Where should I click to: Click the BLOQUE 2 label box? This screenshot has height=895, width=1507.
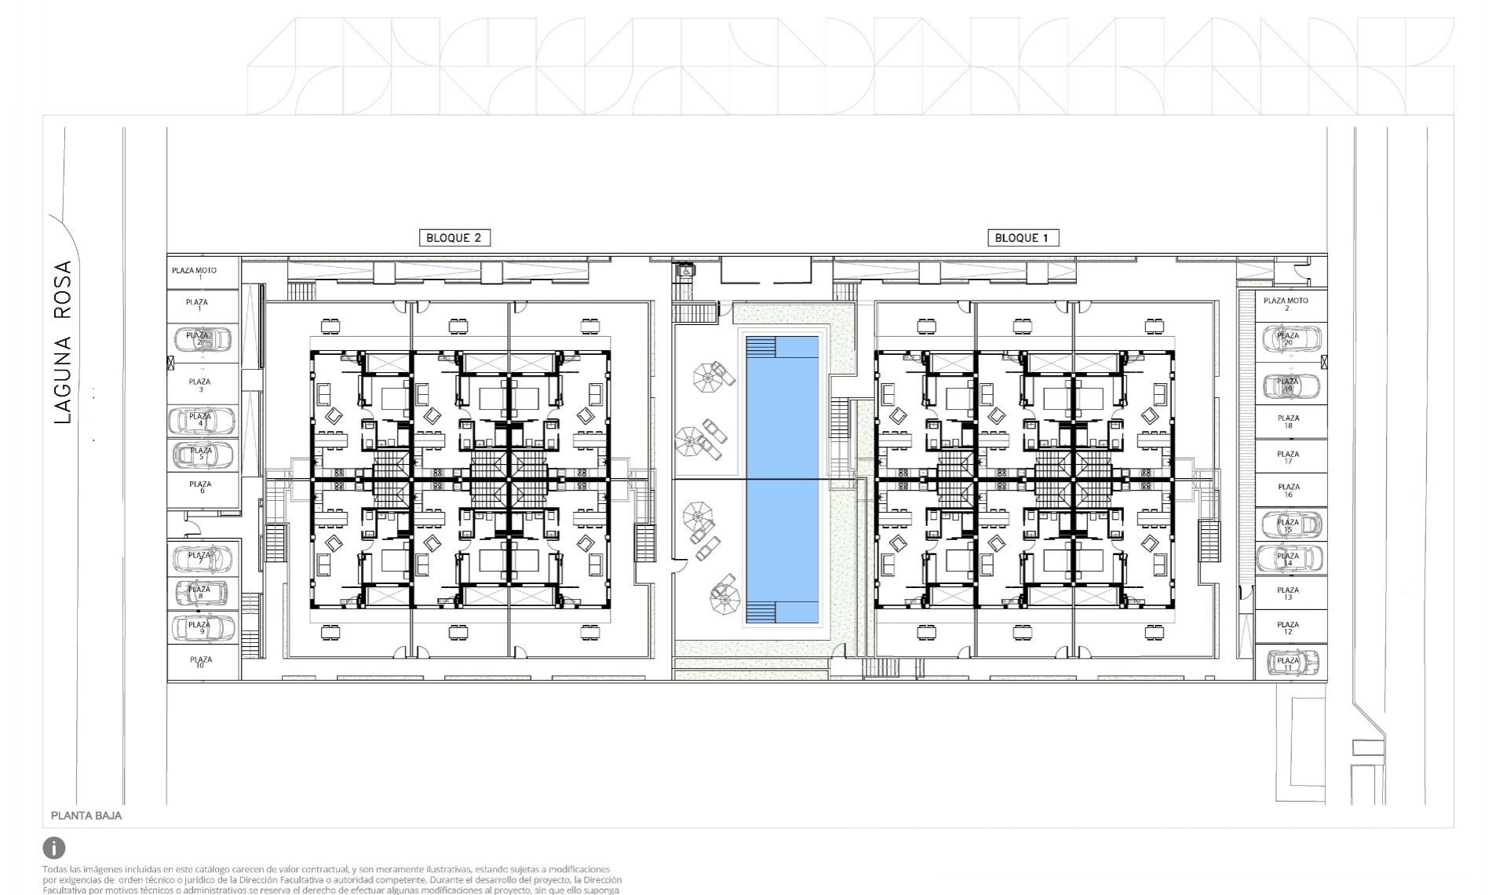[x=454, y=238]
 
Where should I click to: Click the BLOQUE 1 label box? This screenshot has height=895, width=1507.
[x=1022, y=238]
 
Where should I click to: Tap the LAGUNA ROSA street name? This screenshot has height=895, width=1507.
[x=63, y=342]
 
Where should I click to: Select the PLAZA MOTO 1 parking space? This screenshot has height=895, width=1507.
[x=194, y=272]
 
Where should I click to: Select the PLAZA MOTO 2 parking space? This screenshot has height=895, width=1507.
[x=1286, y=304]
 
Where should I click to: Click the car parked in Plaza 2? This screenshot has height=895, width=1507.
[x=202, y=339]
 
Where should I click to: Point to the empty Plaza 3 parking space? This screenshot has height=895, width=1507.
[x=200, y=385]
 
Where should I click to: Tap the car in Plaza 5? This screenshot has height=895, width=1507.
[x=203, y=454]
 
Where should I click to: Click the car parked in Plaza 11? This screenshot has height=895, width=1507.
[x=1290, y=662]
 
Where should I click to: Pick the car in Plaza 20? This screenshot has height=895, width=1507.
[x=1290, y=339]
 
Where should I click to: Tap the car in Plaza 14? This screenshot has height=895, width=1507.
[x=1290, y=558]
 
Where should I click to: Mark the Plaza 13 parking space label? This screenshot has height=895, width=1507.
[x=1287, y=593]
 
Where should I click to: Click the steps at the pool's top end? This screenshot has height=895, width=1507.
[x=761, y=348]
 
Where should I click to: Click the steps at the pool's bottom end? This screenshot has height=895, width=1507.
[x=761, y=612]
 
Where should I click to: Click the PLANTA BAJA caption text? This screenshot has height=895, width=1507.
[x=86, y=816]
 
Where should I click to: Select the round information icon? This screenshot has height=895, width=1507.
[x=54, y=848]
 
